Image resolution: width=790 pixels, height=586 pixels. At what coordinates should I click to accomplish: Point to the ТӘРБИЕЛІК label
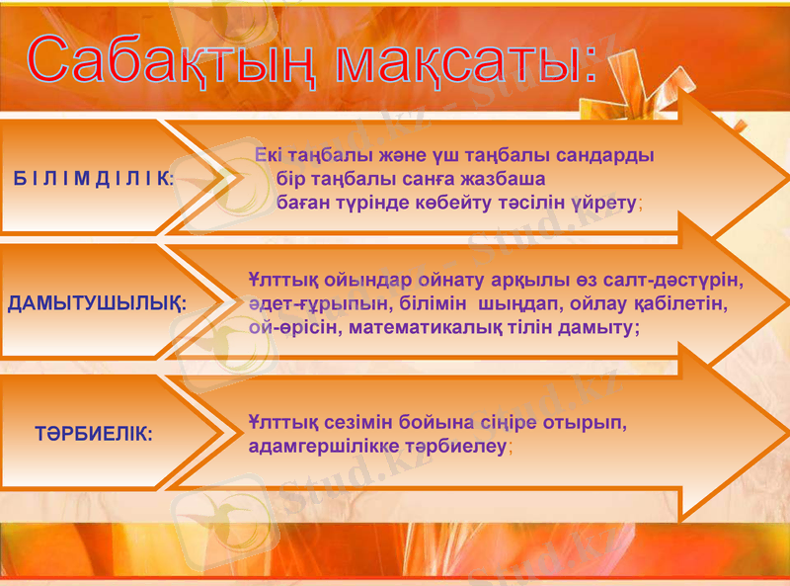[94, 433]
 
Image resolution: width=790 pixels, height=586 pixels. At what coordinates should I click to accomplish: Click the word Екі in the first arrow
[269, 156]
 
